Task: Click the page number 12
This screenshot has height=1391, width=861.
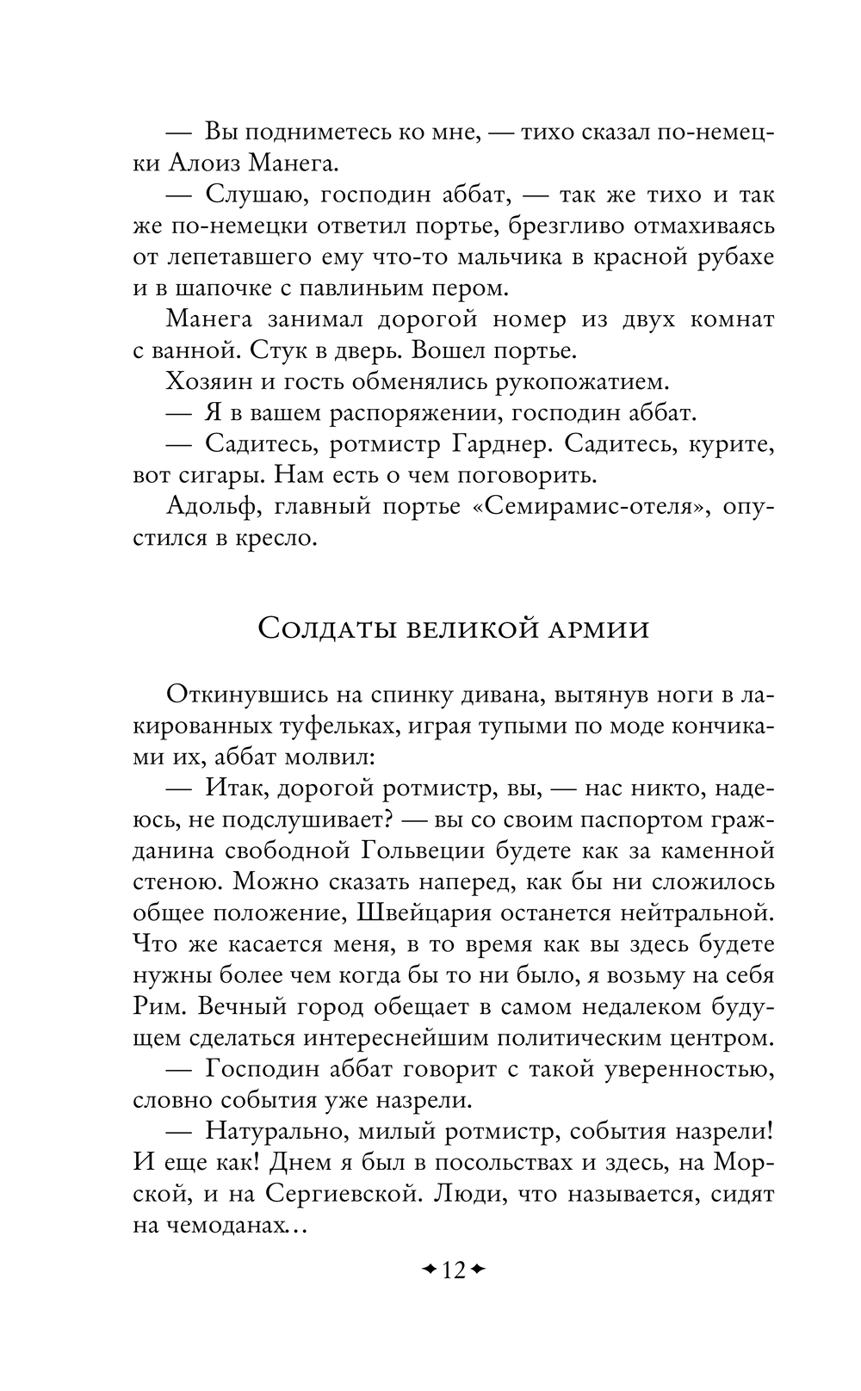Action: pos(454,1270)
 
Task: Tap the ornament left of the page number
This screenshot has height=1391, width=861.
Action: pos(428,1270)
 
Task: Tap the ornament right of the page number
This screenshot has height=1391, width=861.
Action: pos(480,1270)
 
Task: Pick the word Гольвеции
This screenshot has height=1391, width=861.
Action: pos(419,850)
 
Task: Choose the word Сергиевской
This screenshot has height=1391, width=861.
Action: pos(339,1193)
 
